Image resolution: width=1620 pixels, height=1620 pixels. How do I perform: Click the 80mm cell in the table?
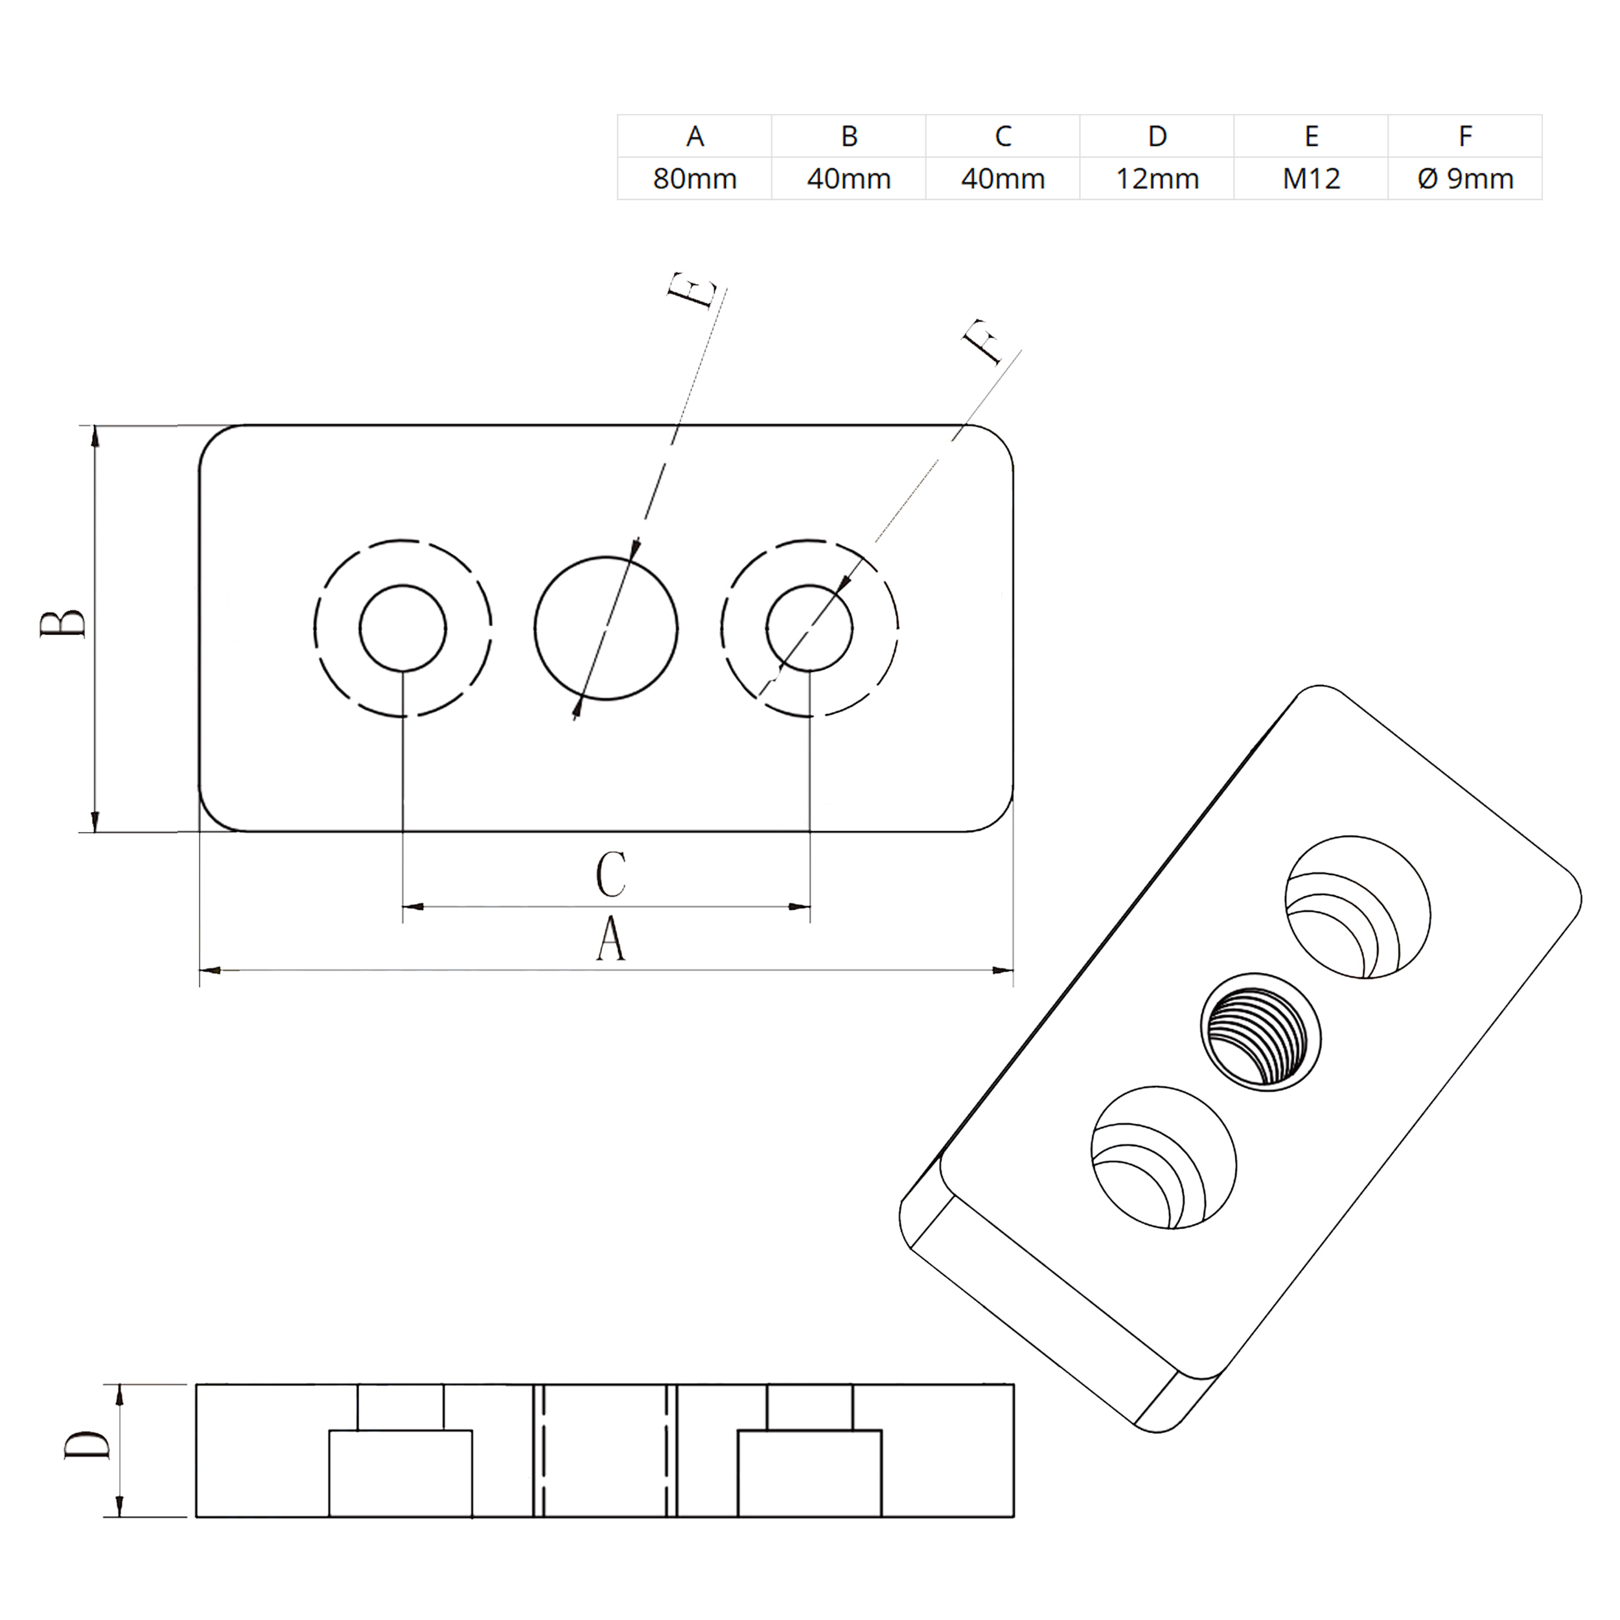click(694, 179)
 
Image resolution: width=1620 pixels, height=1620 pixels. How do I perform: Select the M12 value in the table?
click(1311, 179)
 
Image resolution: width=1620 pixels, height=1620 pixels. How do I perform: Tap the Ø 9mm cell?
click(1465, 179)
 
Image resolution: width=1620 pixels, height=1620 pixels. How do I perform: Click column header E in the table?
click(1311, 136)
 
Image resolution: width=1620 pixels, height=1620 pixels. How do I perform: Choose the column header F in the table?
click(1465, 136)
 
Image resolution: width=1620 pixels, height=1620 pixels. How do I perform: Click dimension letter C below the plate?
click(610, 875)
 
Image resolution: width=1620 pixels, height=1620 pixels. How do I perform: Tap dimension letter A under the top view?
click(610, 938)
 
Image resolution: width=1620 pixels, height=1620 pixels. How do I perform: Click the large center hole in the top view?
click(605, 627)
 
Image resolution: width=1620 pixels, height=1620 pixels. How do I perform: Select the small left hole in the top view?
click(402, 628)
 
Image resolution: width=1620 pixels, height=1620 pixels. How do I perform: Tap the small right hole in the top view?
click(809, 628)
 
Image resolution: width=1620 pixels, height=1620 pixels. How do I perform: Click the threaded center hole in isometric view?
click(1260, 1032)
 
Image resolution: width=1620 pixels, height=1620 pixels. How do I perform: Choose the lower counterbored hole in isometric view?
click(1163, 1158)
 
